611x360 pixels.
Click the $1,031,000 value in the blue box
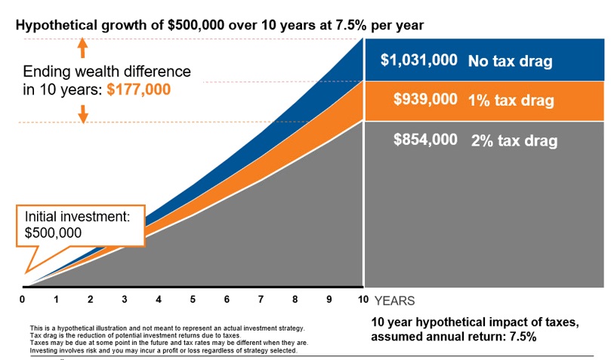point(418,60)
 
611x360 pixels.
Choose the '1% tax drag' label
point(511,100)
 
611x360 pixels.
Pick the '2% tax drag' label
point(514,140)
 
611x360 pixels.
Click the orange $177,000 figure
point(138,89)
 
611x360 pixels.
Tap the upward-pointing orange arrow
point(83,48)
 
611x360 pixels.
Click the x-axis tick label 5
point(193,300)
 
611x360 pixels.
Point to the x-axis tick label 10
point(363,300)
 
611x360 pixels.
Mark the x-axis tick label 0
point(23,300)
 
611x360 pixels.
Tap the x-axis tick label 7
point(261,300)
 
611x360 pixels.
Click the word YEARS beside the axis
point(393,300)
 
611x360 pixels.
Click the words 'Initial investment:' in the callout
point(78,217)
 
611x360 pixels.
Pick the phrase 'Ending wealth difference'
point(106,72)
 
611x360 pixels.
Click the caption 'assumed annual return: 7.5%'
point(453,337)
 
